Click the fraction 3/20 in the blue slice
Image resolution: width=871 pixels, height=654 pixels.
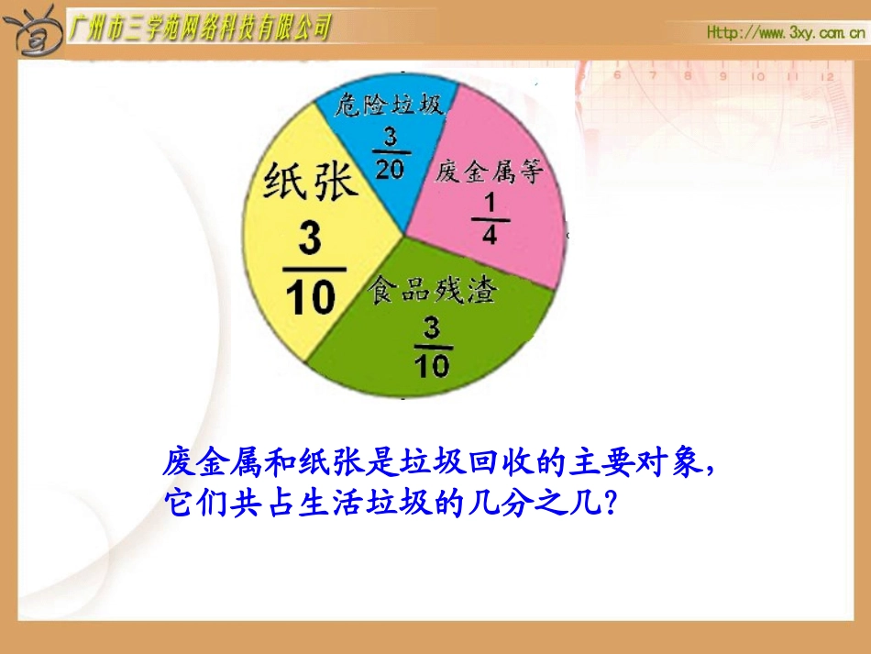click(x=391, y=151)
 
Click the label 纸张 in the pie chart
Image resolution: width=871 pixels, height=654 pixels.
click(x=309, y=181)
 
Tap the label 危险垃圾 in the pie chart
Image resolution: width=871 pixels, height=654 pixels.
click(x=390, y=105)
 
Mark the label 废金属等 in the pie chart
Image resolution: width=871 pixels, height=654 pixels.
click(x=490, y=172)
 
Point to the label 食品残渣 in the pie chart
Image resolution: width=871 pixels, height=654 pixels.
click(x=433, y=291)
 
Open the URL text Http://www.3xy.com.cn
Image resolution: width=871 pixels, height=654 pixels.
click(x=785, y=34)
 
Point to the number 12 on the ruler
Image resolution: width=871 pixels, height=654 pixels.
click(x=827, y=76)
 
